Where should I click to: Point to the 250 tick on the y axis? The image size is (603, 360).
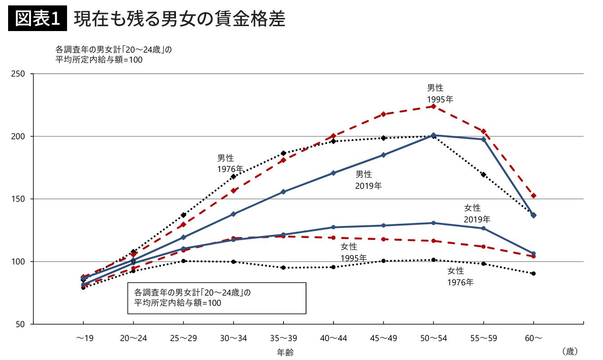[x=18, y=74]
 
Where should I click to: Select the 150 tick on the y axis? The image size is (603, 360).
[x=18, y=199]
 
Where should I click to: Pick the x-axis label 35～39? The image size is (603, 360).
[x=283, y=338]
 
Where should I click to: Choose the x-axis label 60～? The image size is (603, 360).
[x=533, y=338]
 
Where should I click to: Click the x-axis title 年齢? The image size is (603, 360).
[x=285, y=352]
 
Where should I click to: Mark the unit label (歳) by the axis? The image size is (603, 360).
[x=569, y=350]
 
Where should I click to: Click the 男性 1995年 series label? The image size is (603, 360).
[x=440, y=94]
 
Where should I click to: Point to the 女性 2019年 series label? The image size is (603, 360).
[x=477, y=214]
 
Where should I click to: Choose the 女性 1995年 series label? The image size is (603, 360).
[x=353, y=252]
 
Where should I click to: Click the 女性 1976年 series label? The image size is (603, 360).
[x=460, y=277]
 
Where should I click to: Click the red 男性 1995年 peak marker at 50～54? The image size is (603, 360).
[x=433, y=106]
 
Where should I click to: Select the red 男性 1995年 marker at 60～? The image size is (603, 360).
[x=534, y=196]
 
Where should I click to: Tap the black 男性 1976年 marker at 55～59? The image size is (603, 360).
[x=483, y=175]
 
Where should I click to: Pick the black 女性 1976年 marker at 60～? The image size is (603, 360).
[x=533, y=274]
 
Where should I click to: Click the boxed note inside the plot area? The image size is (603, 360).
[x=216, y=298]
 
